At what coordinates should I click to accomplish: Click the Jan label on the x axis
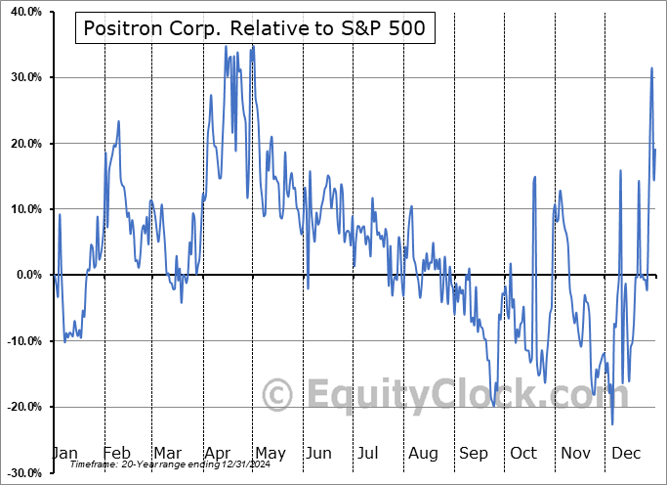[64, 454]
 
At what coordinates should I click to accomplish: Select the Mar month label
[168, 454]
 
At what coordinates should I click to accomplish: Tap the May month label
[270, 454]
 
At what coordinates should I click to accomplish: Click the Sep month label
[475, 454]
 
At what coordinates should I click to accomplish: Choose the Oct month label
[524, 454]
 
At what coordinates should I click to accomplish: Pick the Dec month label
[627, 454]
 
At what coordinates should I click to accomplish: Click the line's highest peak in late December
[651, 68]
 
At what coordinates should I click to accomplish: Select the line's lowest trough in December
[612, 424]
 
